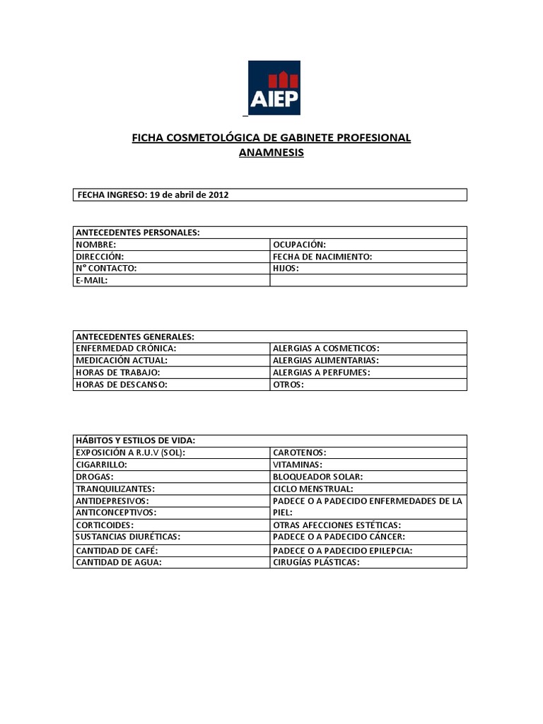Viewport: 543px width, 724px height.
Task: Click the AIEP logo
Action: (274, 88)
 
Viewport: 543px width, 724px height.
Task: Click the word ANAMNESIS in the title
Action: (271, 152)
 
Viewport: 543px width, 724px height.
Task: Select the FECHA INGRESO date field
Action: (153, 194)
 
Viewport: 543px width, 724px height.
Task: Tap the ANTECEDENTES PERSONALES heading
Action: (137, 232)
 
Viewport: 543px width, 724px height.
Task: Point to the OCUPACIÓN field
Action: (300, 245)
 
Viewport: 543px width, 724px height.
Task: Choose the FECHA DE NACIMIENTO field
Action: (322, 257)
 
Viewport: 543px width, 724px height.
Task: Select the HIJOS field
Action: (286, 269)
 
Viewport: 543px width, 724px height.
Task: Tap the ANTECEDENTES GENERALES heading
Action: (135, 336)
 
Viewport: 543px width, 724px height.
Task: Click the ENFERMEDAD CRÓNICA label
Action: (126, 349)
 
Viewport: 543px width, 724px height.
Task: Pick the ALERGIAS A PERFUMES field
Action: (322, 372)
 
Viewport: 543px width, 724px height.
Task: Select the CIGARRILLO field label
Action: (102, 465)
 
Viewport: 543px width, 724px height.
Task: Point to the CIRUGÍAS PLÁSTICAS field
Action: (317, 562)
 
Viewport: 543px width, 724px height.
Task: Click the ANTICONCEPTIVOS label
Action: (116, 512)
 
